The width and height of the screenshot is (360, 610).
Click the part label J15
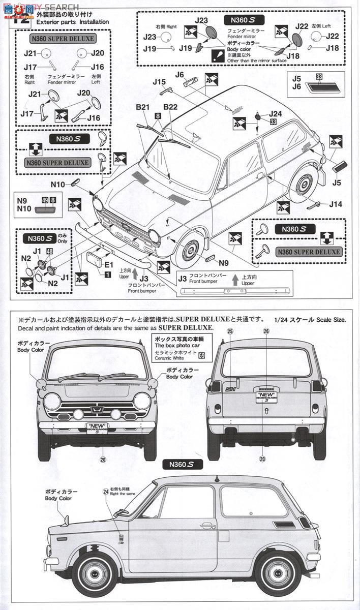[159, 81]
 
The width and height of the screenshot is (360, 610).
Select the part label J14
[336, 204]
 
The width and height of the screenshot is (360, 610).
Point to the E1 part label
[109, 264]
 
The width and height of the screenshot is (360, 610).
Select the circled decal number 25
[230, 331]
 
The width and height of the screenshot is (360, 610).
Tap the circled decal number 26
[265, 331]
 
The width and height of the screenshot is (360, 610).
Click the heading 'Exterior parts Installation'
[73, 22]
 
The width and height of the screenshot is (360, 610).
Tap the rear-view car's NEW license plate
[265, 396]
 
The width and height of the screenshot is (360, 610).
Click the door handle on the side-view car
[207, 526]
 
